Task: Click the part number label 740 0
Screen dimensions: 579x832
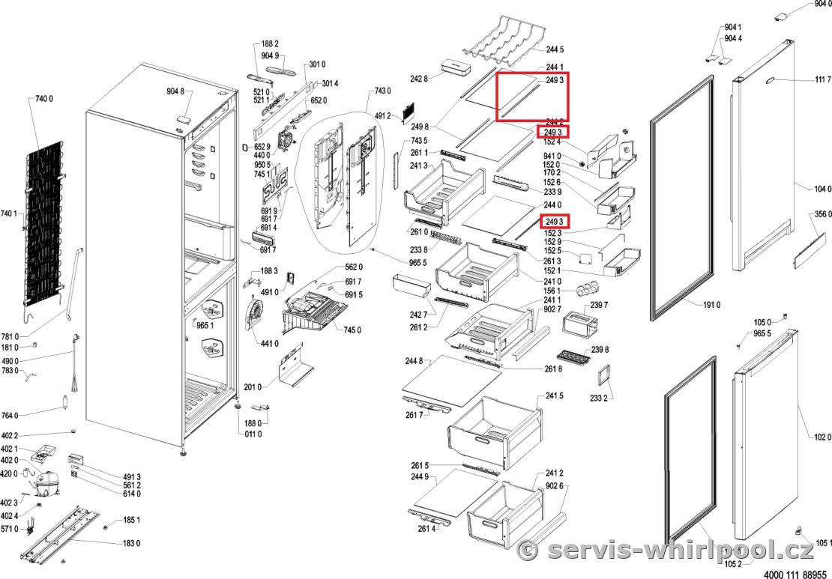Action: [x=46, y=98]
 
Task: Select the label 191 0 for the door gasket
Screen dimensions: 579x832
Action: [x=711, y=305]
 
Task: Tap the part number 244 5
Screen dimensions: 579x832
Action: [x=555, y=49]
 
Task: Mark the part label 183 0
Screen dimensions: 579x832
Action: [x=132, y=543]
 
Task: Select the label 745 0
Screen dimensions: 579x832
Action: [x=352, y=330]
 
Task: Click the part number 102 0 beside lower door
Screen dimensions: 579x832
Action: [x=822, y=437]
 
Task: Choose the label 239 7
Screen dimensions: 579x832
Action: [x=600, y=304]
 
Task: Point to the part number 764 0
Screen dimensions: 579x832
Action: [x=10, y=415]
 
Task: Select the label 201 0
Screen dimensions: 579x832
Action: [x=253, y=386]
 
